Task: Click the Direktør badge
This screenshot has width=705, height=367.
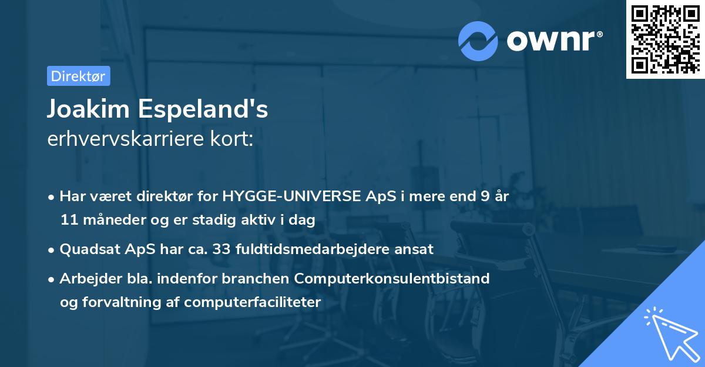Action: click(78, 76)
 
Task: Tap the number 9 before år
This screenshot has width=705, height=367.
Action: click(484, 196)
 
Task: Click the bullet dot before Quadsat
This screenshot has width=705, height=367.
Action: click(52, 249)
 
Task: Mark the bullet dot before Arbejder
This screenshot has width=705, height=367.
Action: click(52, 279)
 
